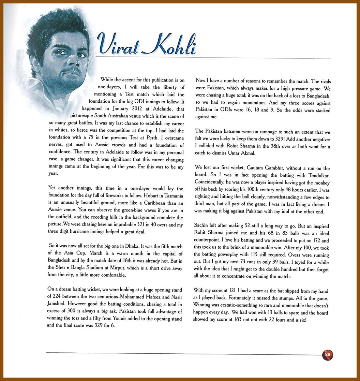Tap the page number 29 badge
pos(328,354)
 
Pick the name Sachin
pos(201,225)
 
